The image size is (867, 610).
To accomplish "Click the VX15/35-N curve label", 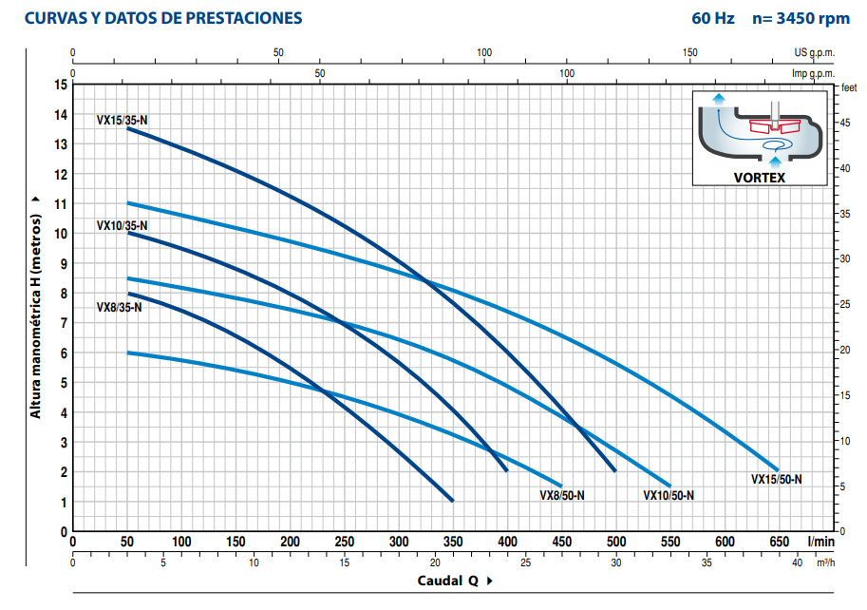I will click(122, 120).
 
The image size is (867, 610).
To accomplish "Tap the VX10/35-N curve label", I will click(122, 225).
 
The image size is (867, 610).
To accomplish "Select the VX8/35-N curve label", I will click(119, 307).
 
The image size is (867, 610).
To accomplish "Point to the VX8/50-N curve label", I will click(562, 495).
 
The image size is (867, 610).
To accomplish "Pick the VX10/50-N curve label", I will click(669, 495).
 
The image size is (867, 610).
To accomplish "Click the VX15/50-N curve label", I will click(776, 479).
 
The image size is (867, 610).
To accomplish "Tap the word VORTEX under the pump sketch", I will click(759, 177).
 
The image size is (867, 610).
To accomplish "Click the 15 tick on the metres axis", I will click(61, 86).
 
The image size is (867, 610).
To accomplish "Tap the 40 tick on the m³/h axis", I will click(798, 562).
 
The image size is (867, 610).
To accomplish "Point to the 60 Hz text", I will click(712, 18).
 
